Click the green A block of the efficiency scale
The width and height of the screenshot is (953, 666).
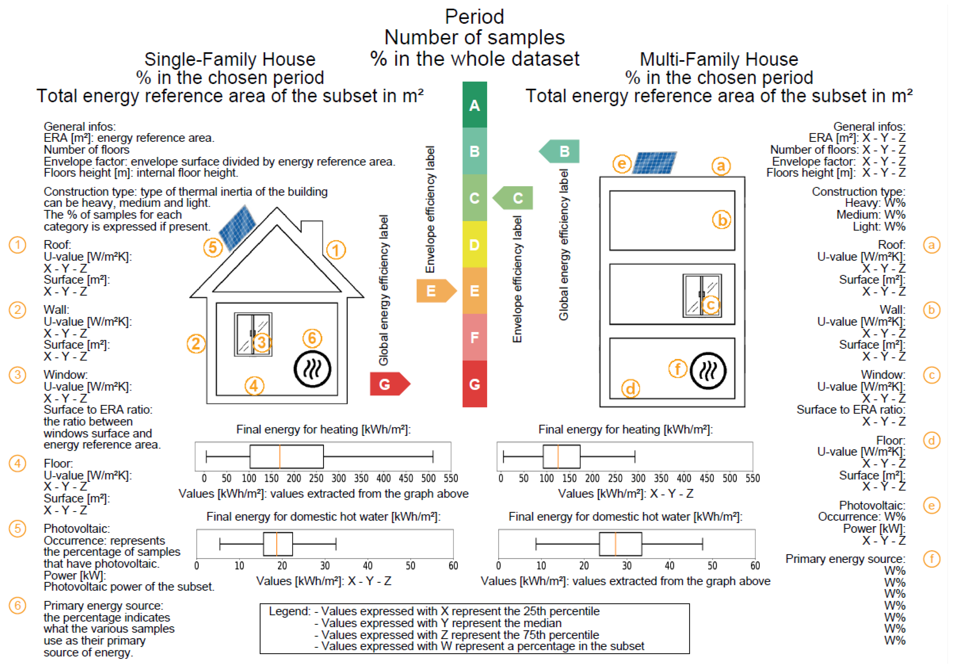coord(474,105)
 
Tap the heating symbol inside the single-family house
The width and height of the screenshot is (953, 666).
coord(312,369)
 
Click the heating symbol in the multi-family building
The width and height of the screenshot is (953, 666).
coord(708,371)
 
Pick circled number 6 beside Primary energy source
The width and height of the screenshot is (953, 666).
coord(17,605)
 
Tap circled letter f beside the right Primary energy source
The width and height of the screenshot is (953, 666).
coord(931,559)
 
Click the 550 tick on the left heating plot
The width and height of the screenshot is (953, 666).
coord(450,478)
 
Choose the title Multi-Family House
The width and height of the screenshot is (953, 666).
coord(719,59)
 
